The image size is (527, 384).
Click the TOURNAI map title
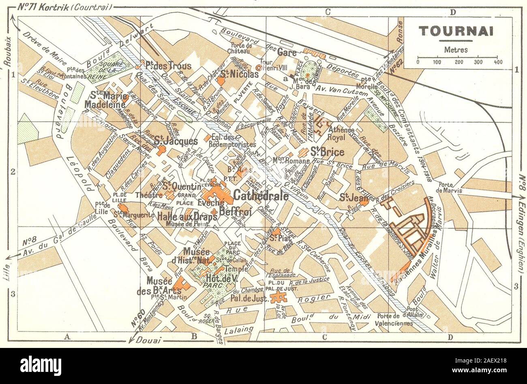(456, 31)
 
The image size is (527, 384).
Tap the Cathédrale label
(261, 196)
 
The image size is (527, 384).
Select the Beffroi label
(236, 211)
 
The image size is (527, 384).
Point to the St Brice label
(327, 153)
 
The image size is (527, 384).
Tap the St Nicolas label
(239, 75)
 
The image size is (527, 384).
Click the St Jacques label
(176, 141)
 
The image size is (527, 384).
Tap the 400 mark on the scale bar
(498, 62)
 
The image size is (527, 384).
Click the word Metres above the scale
(456, 50)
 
